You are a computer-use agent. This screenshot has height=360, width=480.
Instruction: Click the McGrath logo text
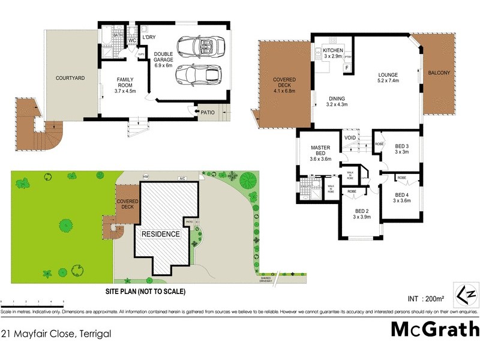click(x=435, y=329)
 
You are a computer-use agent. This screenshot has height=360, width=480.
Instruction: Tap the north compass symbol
click(x=466, y=295)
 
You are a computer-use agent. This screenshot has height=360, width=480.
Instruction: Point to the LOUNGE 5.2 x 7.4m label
click(x=388, y=77)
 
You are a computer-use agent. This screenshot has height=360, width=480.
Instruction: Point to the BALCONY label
click(x=439, y=73)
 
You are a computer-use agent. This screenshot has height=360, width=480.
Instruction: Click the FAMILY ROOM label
click(x=125, y=83)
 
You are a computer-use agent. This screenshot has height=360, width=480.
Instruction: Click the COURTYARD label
click(x=70, y=78)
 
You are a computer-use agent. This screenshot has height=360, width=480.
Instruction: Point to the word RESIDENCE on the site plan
click(x=160, y=233)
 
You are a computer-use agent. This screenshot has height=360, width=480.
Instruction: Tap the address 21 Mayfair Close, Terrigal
click(x=56, y=333)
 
